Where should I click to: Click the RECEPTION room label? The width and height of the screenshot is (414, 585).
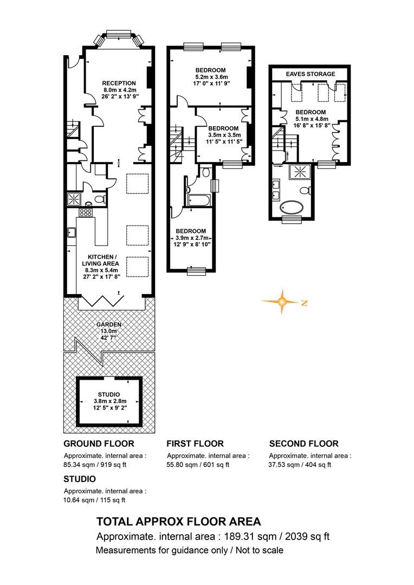[119, 83]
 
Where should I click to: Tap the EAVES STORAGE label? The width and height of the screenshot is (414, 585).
[310, 74]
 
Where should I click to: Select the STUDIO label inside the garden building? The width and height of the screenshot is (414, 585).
[109, 394]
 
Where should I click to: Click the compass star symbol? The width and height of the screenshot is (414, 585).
[283, 302]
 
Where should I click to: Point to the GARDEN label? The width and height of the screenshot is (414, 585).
[109, 324]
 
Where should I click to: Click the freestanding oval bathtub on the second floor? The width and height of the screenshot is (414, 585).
[292, 207]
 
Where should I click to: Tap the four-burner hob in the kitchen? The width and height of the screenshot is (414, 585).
[86, 213]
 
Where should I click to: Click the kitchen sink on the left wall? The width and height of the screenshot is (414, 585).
[72, 233]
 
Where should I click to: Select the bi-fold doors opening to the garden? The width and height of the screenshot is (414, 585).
[102, 300]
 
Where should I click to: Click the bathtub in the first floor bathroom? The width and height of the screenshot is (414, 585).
[199, 200]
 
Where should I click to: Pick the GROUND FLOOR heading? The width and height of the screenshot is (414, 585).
[99, 444]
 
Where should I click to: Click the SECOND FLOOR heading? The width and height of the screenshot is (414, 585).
[304, 444]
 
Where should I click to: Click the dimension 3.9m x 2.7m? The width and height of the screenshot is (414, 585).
[191, 238]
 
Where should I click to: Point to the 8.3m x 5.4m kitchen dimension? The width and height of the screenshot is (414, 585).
[100, 270]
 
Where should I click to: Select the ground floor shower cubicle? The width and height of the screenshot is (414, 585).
[74, 199]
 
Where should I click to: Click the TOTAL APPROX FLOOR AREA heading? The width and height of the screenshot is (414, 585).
[178, 521]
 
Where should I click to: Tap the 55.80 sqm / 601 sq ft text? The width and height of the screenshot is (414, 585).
[198, 465]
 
